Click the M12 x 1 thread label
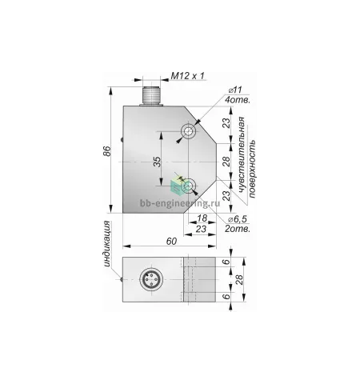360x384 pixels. click(x=187, y=76)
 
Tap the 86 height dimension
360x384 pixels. click(x=106, y=151)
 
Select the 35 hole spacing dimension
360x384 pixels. click(x=158, y=162)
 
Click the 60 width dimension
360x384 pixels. click(x=171, y=242)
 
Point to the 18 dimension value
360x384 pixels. click(x=202, y=218)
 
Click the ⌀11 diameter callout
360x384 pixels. click(x=235, y=90)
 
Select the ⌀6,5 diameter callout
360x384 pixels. click(x=237, y=219)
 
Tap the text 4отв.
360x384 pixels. click(x=238, y=100)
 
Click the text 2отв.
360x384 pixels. click(x=238, y=229)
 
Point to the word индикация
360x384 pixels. click(x=107, y=244)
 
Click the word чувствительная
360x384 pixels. click(x=242, y=155)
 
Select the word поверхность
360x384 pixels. click(x=252, y=169)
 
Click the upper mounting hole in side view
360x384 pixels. click(x=189, y=131)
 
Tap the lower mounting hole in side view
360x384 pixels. click(x=189, y=186)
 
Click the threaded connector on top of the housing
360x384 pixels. click(x=151, y=96)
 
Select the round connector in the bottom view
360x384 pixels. click(x=151, y=279)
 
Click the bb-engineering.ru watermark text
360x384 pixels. click(x=180, y=203)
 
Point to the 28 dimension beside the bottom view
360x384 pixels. click(x=239, y=279)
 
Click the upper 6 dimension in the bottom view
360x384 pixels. click(x=226, y=262)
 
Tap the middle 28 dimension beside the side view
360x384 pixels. click(x=226, y=162)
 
